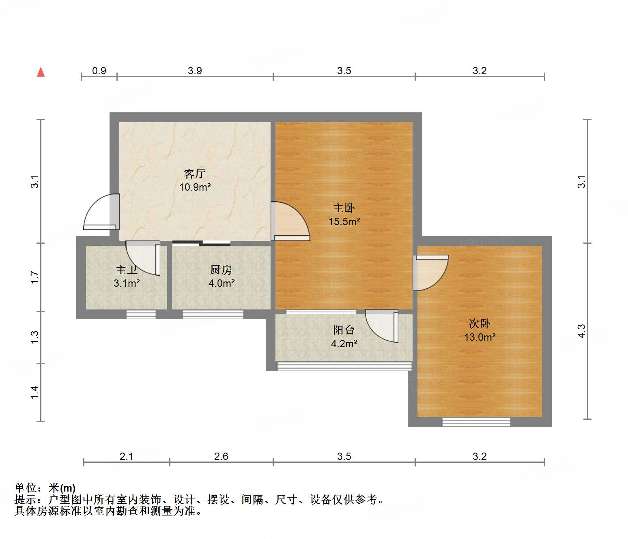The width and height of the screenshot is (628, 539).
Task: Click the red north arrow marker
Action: coord(41,72)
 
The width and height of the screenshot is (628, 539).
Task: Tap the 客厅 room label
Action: coord(195,174)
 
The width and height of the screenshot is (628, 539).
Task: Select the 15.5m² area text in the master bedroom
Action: coord(344,221)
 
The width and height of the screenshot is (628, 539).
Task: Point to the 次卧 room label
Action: coord(480,324)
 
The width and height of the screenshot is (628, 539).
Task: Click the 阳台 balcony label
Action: coord(344,330)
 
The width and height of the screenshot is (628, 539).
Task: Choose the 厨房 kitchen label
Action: coord(221,270)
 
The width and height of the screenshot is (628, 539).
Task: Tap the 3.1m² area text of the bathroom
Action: coord(127,283)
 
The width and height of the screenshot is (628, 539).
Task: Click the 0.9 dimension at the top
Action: coord(99,71)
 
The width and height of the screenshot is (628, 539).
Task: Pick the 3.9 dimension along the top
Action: coord(195,71)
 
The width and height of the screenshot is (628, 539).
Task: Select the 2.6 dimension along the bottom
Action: coord(221,456)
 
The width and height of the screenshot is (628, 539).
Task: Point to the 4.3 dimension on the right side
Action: coord(581,331)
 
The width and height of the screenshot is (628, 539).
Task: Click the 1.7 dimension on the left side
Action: coord(35,277)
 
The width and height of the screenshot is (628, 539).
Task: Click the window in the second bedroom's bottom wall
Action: coord(476,422)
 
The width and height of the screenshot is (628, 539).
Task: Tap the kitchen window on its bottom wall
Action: coord(213,314)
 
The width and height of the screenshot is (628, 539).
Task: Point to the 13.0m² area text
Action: coord(480,337)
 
